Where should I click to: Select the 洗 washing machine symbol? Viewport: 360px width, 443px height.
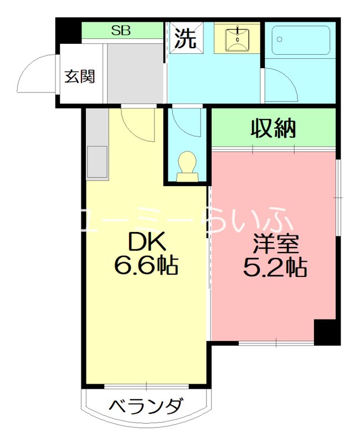point(186,38)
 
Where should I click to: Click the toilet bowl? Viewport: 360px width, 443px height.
point(187,167)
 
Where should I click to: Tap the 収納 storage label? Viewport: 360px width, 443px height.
point(274,128)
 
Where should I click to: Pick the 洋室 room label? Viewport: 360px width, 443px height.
point(275,244)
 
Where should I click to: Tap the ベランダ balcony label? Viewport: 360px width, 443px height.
point(145,406)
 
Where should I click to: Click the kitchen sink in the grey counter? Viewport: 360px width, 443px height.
point(97,161)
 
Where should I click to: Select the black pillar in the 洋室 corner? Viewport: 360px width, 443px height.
point(327,332)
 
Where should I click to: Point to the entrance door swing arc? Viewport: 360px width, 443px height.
point(36,75)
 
